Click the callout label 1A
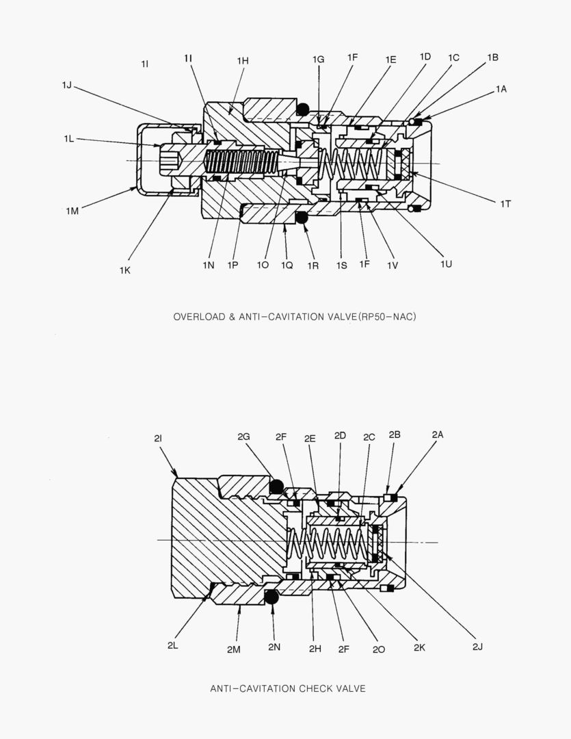(502, 89)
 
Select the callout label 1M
(72, 211)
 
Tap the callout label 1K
(124, 270)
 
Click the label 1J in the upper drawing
(66, 85)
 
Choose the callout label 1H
(243, 61)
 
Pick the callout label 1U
(447, 263)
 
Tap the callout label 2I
(157, 439)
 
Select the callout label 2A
(438, 435)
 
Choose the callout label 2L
(173, 645)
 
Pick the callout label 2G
(243, 436)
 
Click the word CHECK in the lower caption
(313, 688)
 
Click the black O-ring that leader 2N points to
(271, 597)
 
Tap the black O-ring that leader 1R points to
(302, 218)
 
